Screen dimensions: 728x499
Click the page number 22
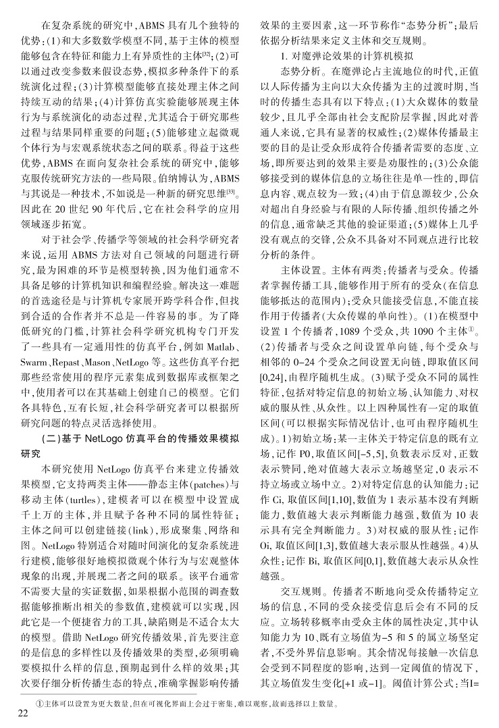pyautogui.click(x=22, y=713)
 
